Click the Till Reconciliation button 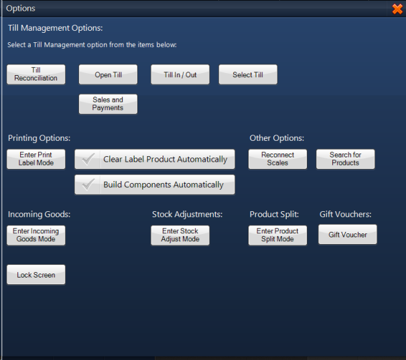(36, 74)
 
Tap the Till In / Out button (180, 74)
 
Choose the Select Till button (248, 74)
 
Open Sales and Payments (108, 104)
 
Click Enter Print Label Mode (36, 159)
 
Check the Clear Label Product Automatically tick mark (87, 160)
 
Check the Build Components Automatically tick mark (87, 185)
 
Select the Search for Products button (345, 159)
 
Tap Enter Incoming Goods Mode (36, 235)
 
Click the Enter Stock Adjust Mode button (180, 235)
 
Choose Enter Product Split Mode (277, 235)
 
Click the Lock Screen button (36, 275)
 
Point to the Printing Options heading (39, 138)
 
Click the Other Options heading (277, 138)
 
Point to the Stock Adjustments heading (187, 215)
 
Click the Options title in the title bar (21, 9)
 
